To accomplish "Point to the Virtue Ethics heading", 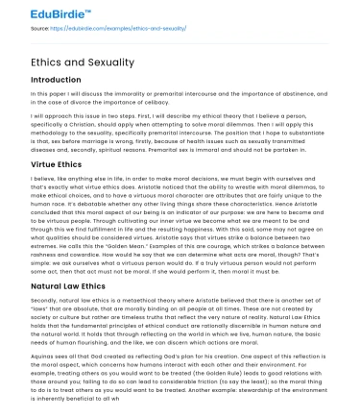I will click(x=60, y=164).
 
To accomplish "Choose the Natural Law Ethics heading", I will click(x=69, y=287).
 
